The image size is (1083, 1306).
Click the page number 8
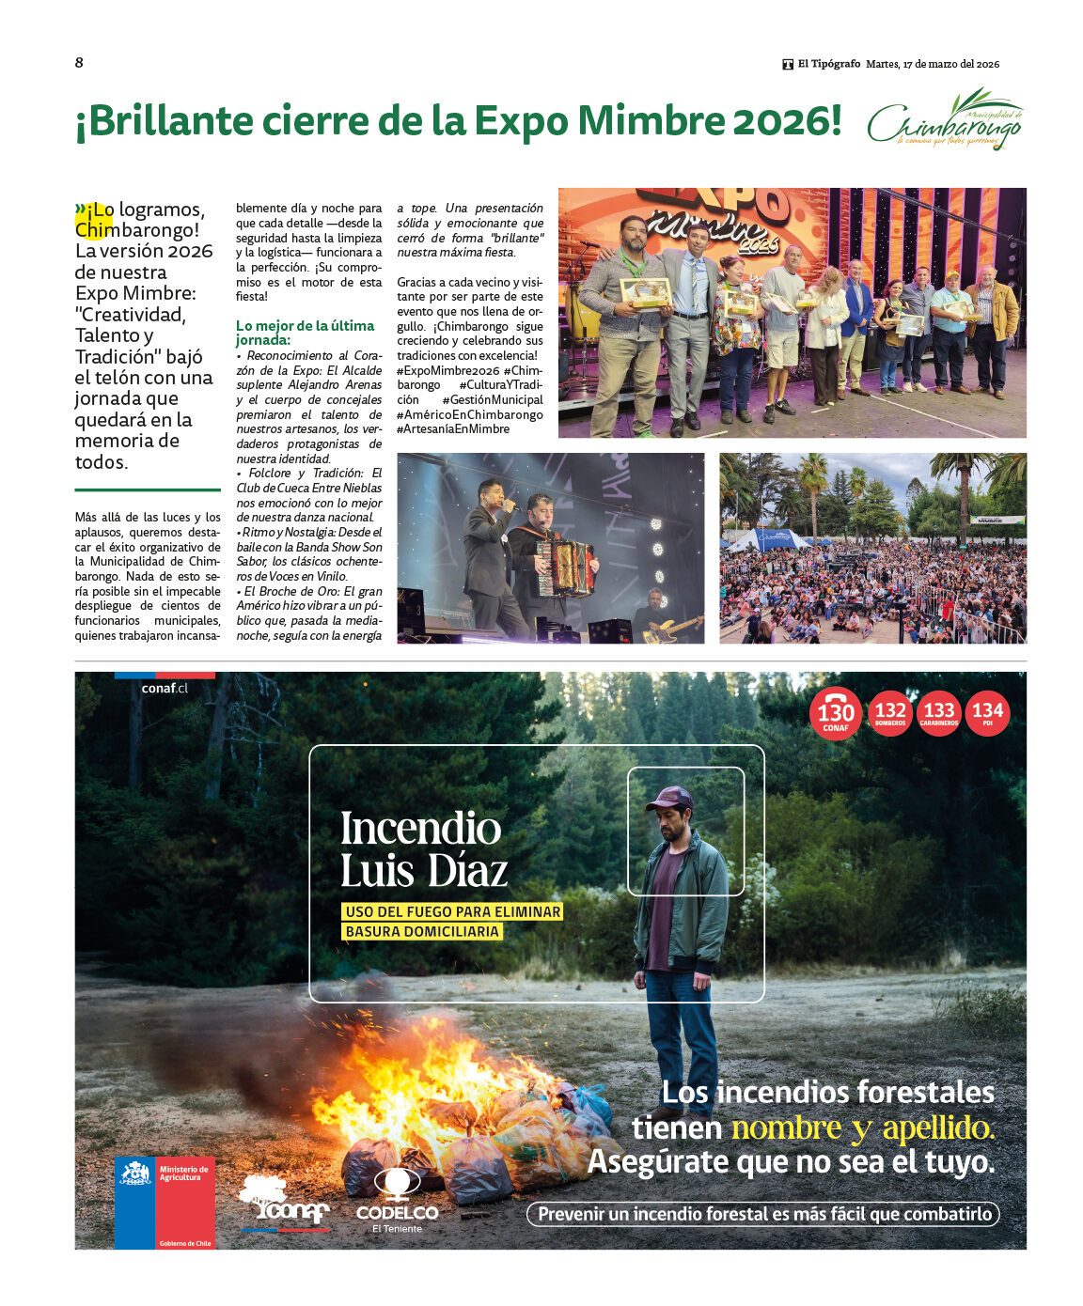[x=79, y=63]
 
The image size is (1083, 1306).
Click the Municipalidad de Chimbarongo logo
[x=944, y=120]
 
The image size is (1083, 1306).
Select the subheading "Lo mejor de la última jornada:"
[x=305, y=333]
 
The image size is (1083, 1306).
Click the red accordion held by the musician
[x=566, y=567]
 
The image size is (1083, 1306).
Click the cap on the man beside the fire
[x=669, y=799]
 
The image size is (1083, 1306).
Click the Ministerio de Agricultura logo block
[x=165, y=1202]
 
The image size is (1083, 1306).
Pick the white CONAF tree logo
[x=283, y=1202]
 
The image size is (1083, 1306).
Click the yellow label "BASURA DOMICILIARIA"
[x=422, y=932]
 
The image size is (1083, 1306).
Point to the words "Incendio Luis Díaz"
[x=423, y=849]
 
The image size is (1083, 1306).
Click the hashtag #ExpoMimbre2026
[x=447, y=371]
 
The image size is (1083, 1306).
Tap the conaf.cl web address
[x=165, y=688]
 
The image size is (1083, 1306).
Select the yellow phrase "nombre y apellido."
[x=862, y=1127]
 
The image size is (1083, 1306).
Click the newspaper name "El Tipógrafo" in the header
[x=828, y=64]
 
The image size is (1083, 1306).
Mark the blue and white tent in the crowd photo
[x=768, y=539]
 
